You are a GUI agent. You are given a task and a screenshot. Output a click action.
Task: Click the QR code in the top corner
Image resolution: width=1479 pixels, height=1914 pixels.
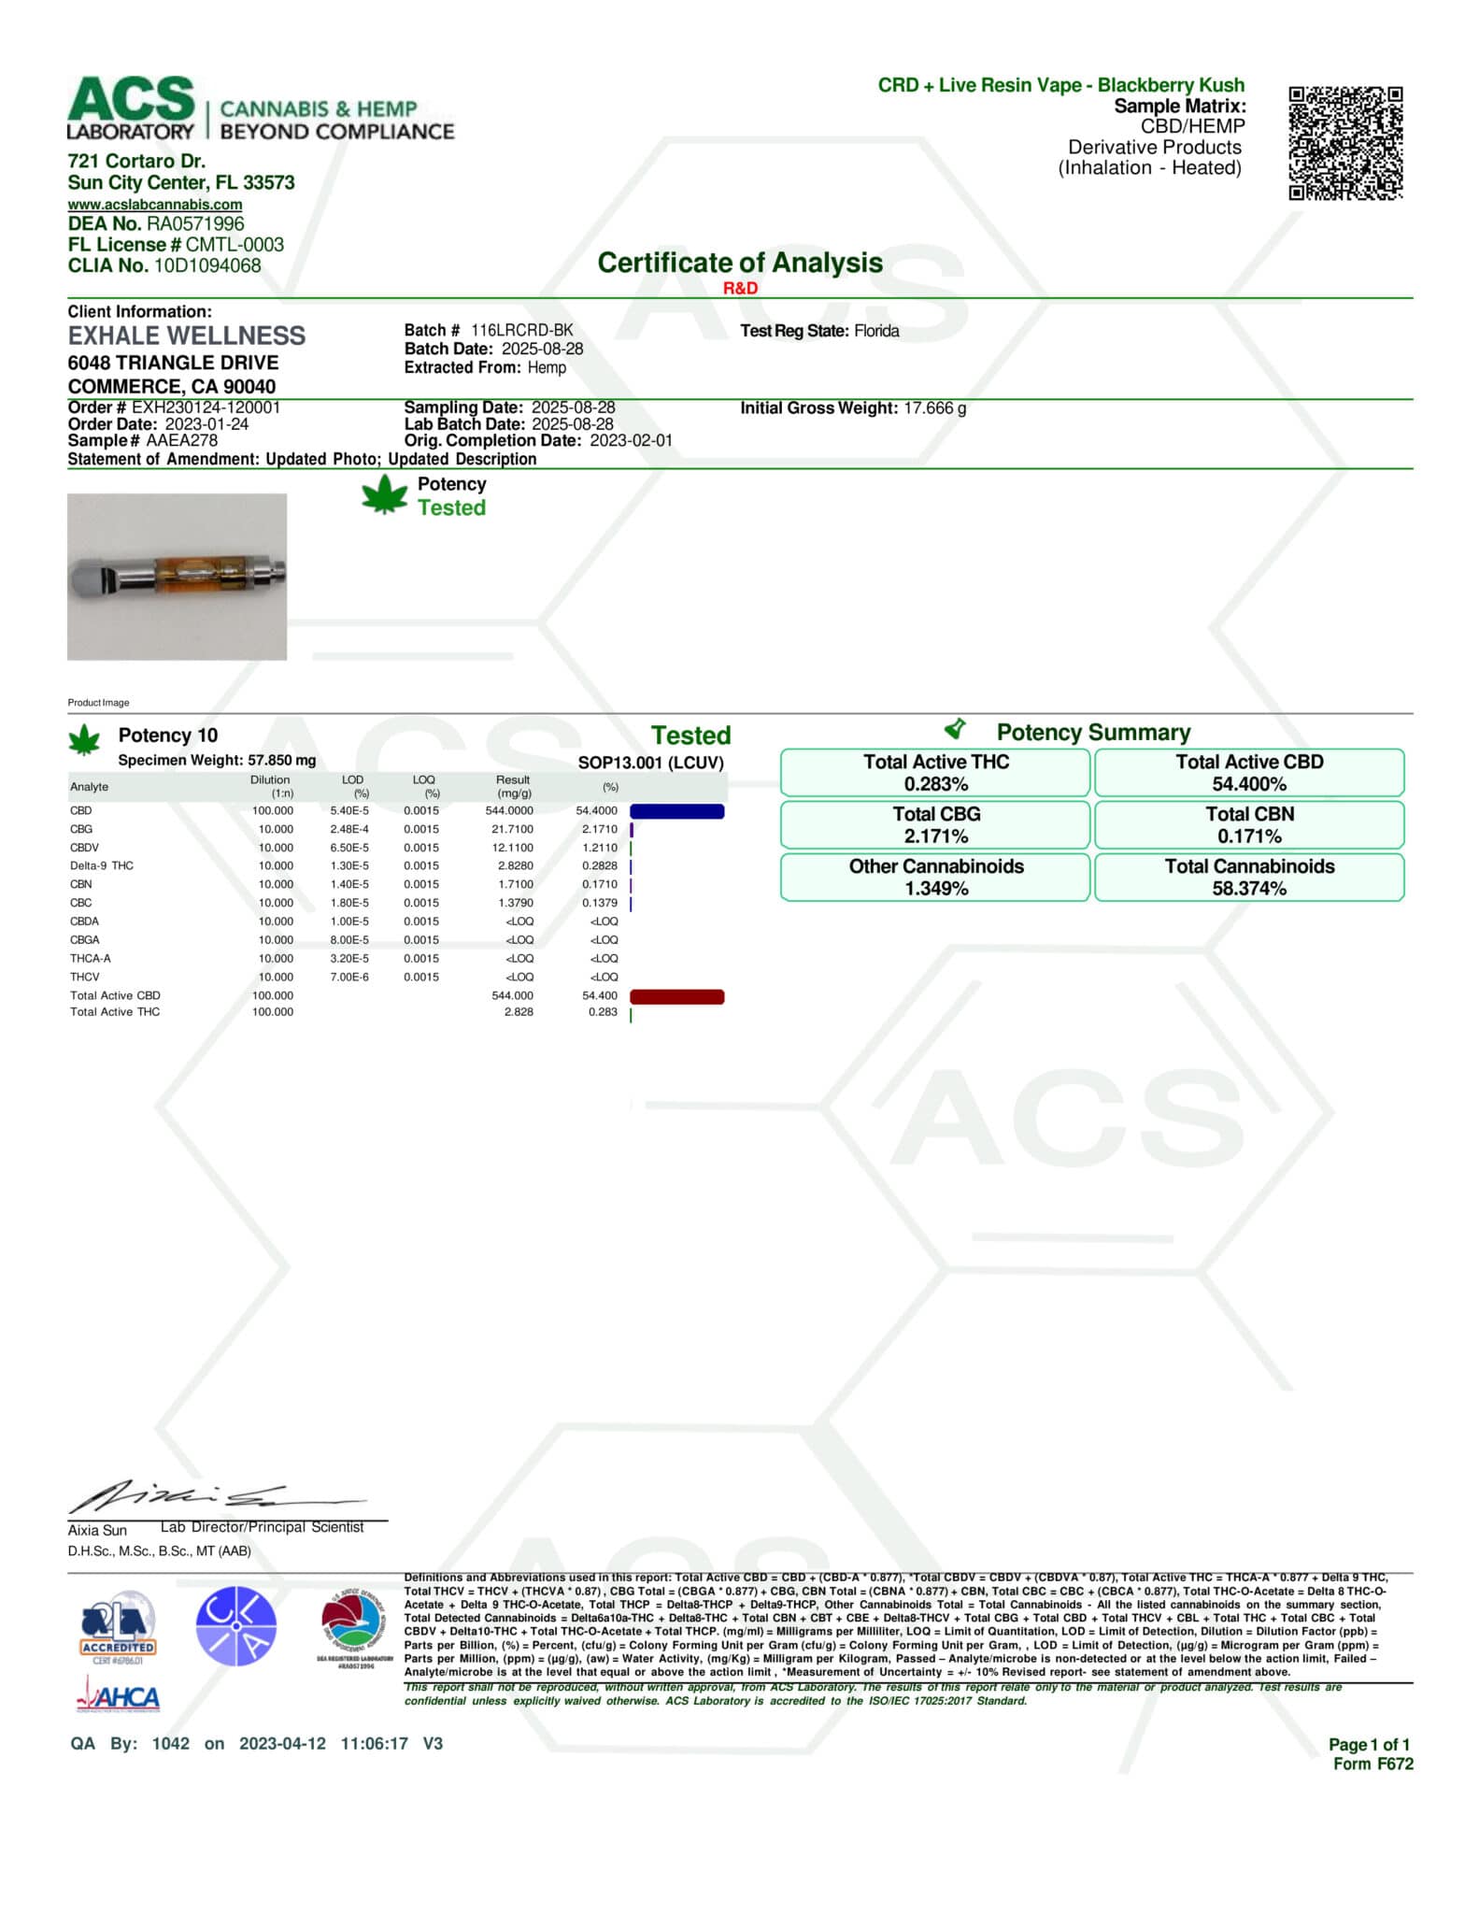1345,142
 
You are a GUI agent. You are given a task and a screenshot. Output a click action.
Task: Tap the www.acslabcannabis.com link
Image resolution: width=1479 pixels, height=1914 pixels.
155,205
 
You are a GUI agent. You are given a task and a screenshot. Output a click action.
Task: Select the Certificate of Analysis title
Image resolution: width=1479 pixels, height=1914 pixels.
739,263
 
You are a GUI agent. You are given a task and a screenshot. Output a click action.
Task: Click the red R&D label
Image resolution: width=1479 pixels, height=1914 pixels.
740,288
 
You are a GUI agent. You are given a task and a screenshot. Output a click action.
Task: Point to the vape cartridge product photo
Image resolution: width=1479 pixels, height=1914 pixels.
178,576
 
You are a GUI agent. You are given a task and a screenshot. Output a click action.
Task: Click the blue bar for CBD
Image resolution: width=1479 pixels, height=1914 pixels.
677,811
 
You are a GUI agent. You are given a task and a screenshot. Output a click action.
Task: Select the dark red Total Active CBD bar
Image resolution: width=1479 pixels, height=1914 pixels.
677,996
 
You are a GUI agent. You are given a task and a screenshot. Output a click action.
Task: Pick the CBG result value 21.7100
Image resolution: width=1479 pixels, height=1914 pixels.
512,829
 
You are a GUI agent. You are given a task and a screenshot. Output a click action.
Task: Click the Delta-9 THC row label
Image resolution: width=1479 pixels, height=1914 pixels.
102,865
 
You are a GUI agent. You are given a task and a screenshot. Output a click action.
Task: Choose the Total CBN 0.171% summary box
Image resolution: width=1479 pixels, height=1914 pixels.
1249,824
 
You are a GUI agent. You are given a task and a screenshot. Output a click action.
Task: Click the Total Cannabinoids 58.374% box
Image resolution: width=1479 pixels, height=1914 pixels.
1249,877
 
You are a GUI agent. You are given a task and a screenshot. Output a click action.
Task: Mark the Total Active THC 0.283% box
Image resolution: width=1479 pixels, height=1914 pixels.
935,772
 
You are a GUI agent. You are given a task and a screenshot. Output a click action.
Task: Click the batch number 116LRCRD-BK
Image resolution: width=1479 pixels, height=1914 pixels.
521,330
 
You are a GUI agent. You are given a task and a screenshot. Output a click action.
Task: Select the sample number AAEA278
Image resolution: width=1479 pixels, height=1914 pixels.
181,440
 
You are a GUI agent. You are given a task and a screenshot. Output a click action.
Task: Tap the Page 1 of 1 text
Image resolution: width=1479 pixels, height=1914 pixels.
1369,1744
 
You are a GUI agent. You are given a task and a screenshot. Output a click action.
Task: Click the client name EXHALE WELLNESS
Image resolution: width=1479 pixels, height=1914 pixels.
187,336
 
